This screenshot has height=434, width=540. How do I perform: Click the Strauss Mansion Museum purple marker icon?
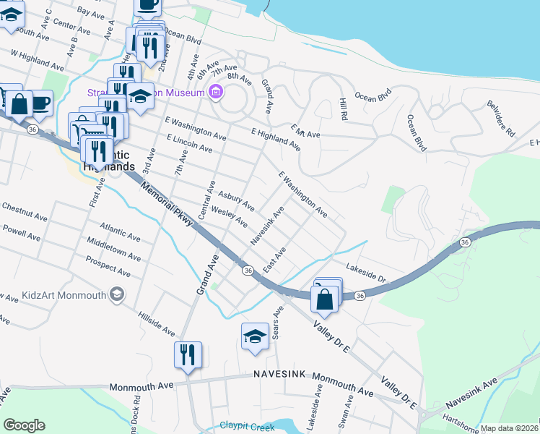[215, 93]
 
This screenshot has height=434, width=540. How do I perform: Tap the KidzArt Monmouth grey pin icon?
[116, 294]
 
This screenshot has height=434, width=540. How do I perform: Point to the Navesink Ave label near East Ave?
[266, 225]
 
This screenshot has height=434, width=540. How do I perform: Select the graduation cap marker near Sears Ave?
[255, 336]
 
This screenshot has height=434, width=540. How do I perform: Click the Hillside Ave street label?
[157, 323]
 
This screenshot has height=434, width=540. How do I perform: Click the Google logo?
[24, 425]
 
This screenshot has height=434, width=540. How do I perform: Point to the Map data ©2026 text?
[508, 428]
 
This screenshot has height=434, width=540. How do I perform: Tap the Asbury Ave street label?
[237, 200]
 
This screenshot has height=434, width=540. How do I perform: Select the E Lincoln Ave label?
[188, 143]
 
